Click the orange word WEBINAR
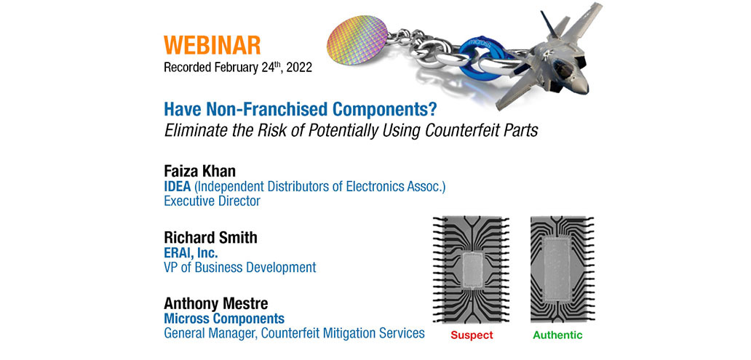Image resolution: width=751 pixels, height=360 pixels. (x=212, y=45)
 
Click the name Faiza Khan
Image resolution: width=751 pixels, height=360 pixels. (x=200, y=172)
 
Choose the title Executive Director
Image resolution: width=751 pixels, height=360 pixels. (x=212, y=201)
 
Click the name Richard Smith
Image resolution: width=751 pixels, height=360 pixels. (x=210, y=238)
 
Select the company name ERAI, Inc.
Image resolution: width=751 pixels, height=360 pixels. (x=191, y=252)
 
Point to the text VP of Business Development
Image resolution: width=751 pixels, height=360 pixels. (x=240, y=268)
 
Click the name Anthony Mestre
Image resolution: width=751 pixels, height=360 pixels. (x=215, y=303)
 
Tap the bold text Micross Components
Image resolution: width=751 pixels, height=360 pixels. (x=224, y=319)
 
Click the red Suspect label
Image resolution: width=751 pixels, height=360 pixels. (x=471, y=335)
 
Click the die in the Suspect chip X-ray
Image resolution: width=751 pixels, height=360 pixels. (x=472, y=271)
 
